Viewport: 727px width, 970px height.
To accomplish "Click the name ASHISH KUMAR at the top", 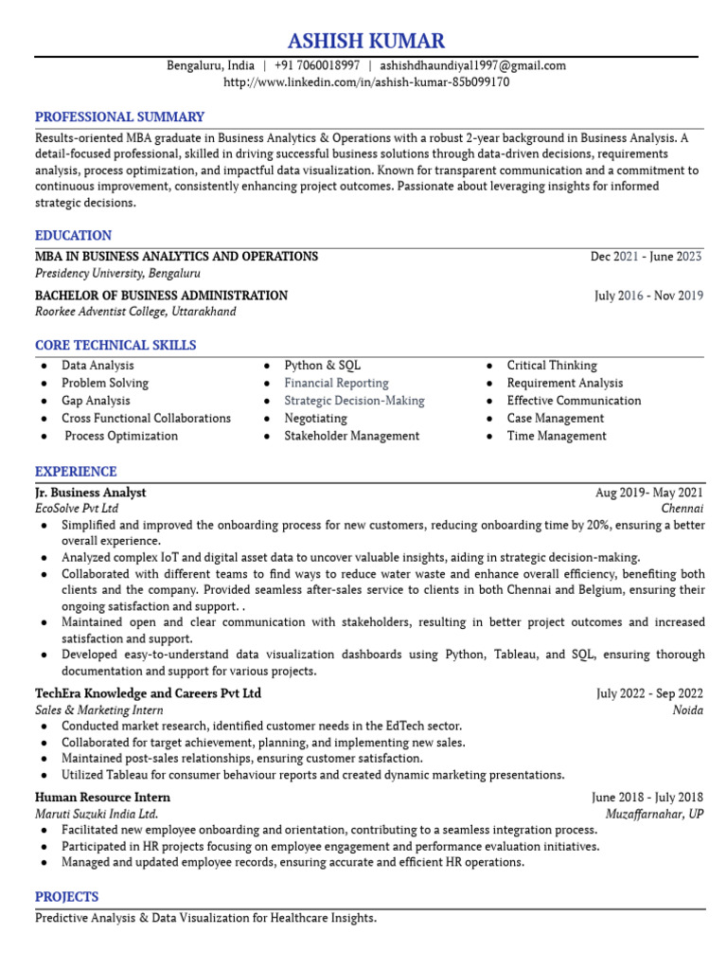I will pos(365,41).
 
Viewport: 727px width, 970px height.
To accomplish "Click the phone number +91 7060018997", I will pos(317,65).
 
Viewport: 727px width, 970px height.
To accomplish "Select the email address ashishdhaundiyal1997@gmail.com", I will pos(473,65).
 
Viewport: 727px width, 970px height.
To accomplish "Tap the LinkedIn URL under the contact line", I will pos(366,82).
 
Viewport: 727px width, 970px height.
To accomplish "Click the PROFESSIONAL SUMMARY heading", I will pos(119,117).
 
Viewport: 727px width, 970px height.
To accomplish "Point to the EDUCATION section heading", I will pos(73,236).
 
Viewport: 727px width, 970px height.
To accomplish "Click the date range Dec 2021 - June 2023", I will pos(646,257).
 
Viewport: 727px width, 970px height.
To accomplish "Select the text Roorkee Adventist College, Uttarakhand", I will pos(135,312).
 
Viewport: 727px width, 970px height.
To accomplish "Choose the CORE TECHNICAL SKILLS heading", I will pos(115,346).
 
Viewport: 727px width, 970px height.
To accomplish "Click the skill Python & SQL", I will pos(322,366).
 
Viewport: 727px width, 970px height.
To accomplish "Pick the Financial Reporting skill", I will pos(336,384).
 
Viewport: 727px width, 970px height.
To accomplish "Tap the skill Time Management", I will pos(557,437).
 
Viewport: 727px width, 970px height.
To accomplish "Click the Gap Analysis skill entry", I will pos(96,401).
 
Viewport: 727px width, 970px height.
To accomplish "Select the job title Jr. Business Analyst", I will pos(91,493).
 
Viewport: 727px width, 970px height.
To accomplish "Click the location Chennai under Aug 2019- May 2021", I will pos(682,509).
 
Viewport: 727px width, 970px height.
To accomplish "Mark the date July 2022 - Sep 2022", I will pos(649,693).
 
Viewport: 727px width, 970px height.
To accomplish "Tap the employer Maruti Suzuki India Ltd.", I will pos(97,814).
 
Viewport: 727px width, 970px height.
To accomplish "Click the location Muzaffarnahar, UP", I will pos(654,814).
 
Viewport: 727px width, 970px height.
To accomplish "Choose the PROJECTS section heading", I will pos(66,897).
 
